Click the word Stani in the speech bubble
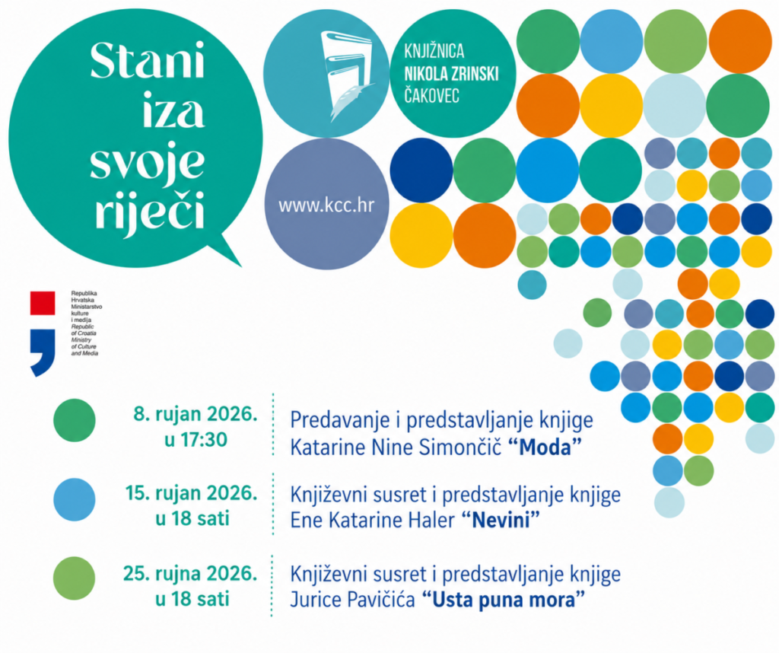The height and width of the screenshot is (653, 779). click(147, 61)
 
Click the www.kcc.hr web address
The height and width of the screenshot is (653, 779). click(326, 205)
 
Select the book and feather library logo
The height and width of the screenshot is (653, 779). click(346, 76)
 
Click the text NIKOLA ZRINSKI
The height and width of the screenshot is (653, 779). click(451, 74)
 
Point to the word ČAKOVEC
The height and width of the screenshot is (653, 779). click(432, 95)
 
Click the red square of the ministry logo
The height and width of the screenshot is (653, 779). click(43, 303)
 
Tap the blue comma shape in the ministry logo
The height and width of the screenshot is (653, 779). click(43, 352)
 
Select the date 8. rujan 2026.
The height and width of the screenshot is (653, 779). click(196, 414)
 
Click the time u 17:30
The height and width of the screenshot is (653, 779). click(196, 440)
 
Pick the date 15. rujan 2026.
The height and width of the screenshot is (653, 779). click(191, 493)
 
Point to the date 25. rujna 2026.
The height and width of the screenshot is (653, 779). click(190, 574)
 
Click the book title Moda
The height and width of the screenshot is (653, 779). click(545, 448)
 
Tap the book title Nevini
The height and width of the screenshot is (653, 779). click(501, 521)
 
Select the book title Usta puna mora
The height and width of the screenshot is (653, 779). click(504, 600)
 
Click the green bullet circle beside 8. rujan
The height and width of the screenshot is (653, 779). click(75, 420)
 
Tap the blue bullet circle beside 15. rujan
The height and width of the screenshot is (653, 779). click(75, 499)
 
